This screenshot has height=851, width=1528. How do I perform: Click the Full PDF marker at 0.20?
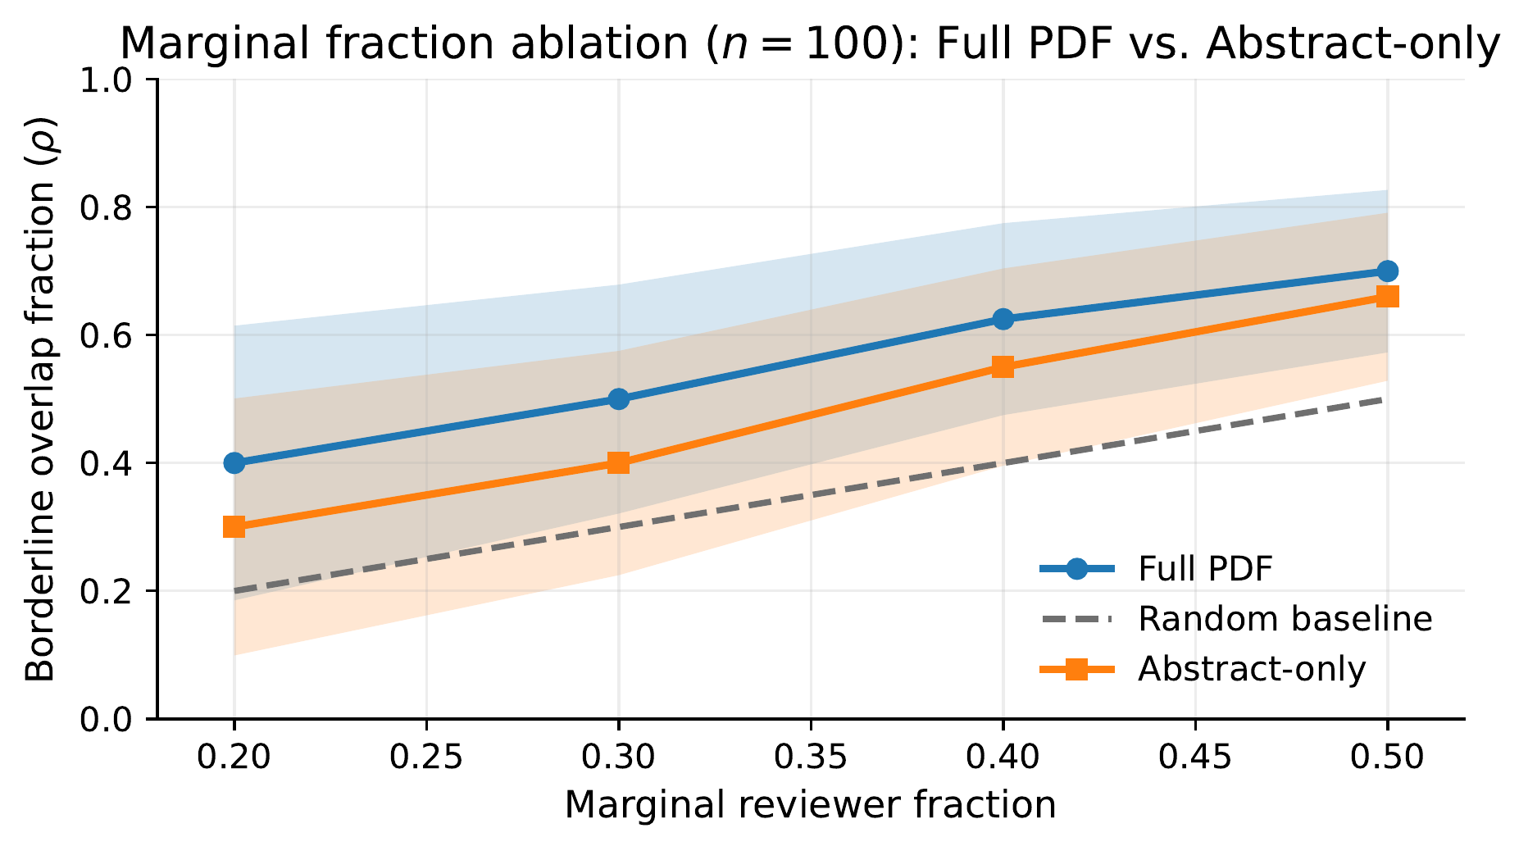(x=234, y=463)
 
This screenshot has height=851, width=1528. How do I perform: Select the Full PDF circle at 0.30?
(x=619, y=399)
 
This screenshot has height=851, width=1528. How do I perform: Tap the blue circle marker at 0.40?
(x=1003, y=319)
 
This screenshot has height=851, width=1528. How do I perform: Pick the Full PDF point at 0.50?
(x=1387, y=271)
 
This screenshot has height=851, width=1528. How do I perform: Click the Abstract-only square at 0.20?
(x=234, y=526)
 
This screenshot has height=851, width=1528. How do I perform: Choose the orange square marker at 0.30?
(x=619, y=463)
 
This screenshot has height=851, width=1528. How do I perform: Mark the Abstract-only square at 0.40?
(x=1003, y=367)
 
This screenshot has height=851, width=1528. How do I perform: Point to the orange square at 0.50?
(x=1387, y=297)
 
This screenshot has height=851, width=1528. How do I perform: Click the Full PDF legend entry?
(x=1204, y=569)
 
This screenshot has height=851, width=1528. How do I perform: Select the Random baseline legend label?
(x=1285, y=619)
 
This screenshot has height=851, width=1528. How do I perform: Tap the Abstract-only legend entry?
(x=1251, y=670)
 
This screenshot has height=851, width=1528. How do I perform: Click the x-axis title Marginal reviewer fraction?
(x=810, y=805)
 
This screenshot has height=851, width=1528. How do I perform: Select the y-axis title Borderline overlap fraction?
(x=41, y=399)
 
